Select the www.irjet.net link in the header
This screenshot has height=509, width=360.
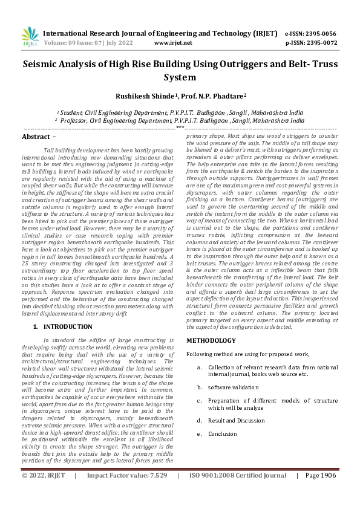tap(173, 43)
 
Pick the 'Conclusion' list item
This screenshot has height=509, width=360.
tap(223, 433)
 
